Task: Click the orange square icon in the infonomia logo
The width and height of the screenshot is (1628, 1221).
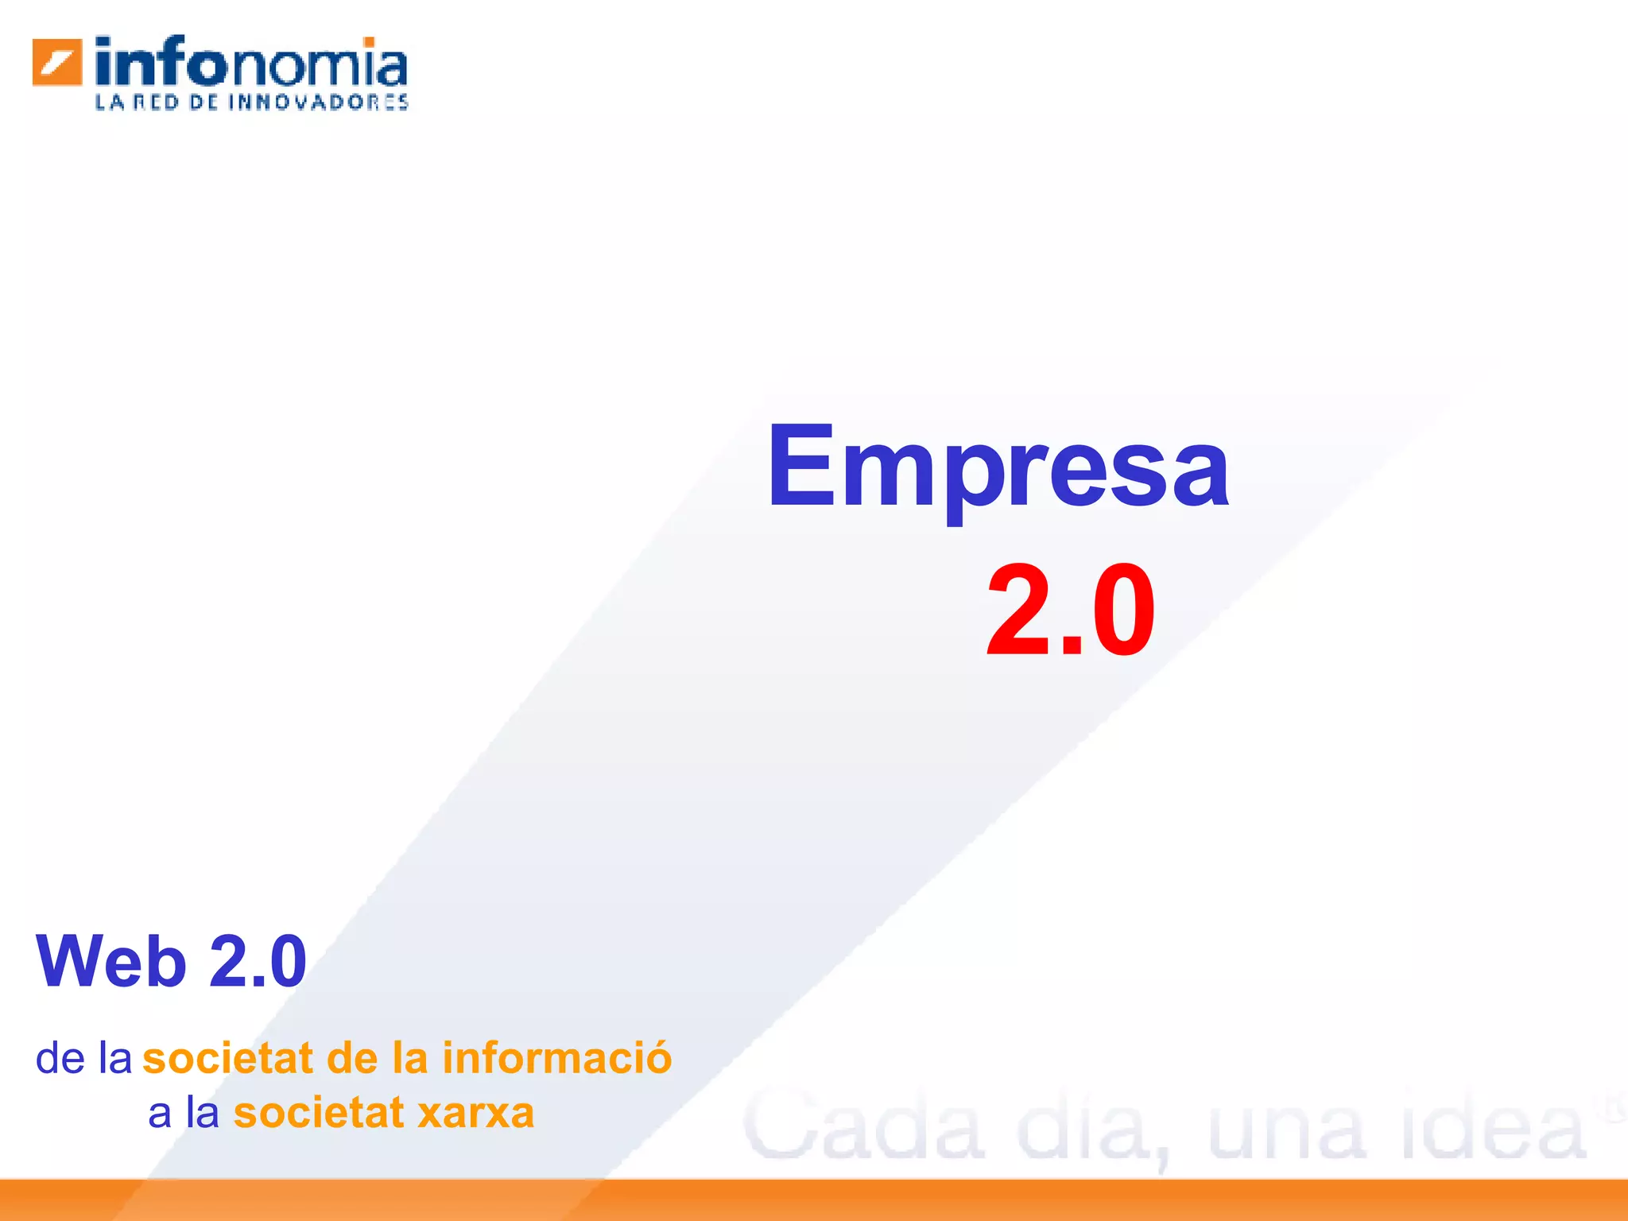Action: [x=57, y=61]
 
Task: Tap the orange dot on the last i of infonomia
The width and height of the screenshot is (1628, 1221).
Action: [x=369, y=41]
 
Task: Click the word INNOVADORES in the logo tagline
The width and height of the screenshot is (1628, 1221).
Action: [x=319, y=103]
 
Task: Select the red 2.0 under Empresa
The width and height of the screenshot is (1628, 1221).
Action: [x=1070, y=610]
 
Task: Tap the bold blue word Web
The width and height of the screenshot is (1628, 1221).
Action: [x=111, y=962]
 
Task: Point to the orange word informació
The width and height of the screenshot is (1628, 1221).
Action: [x=557, y=1058]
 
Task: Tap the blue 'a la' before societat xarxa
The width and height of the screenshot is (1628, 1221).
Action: [x=184, y=1113]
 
